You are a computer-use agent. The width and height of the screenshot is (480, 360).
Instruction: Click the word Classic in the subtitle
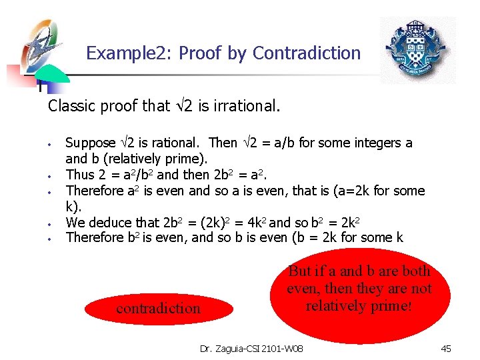point(70,105)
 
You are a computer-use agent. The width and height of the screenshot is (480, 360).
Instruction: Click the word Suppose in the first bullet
point(90,143)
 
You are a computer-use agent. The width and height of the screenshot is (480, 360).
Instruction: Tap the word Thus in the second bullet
point(79,175)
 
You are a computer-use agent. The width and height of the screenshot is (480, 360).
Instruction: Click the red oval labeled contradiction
point(158,308)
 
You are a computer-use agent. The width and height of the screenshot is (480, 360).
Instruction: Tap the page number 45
point(446,348)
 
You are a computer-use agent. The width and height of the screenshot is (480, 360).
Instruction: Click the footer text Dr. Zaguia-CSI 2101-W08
point(251,348)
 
